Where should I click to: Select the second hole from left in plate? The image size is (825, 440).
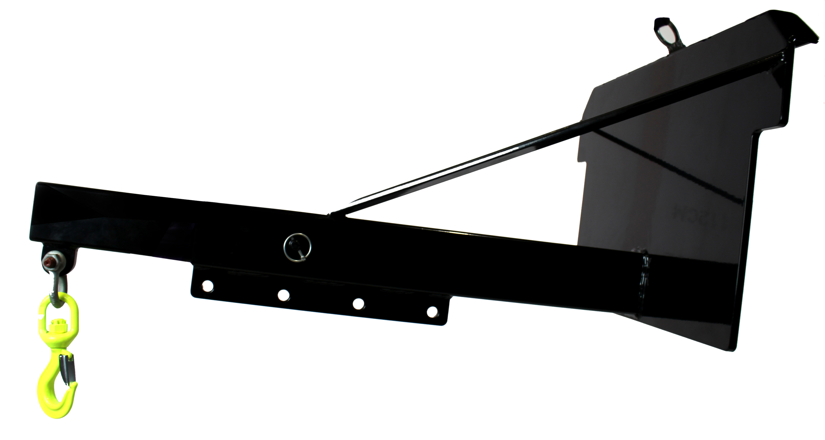(x=283, y=295)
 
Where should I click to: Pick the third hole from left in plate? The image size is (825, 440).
(x=358, y=304)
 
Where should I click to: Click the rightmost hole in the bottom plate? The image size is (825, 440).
(x=432, y=312)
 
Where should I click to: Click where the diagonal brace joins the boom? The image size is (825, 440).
(x=335, y=213)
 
